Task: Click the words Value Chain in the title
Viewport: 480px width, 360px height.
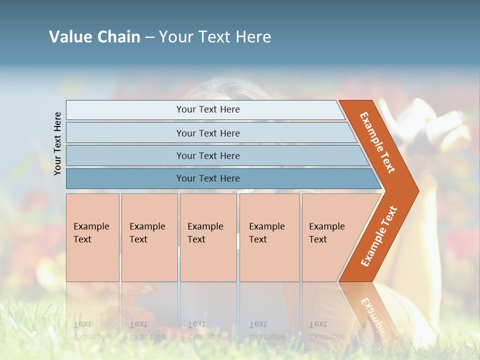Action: [x=94, y=37]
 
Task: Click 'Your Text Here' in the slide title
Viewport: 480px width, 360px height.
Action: [x=215, y=37]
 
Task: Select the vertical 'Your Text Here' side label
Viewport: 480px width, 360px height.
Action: [x=58, y=143]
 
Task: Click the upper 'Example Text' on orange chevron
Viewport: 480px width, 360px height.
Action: [x=377, y=142]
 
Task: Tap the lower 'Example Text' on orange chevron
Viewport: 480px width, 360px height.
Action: [x=379, y=236]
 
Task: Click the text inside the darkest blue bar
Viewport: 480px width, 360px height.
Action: [x=208, y=178]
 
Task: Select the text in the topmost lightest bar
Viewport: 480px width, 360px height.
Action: [x=208, y=109]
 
